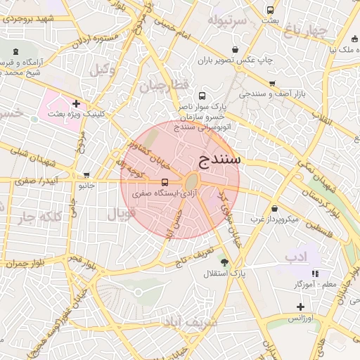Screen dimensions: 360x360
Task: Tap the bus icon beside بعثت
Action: pyautogui.click(x=271, y=10)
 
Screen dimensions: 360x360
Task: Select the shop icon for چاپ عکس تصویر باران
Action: pyautogui.click(x=234, y=50)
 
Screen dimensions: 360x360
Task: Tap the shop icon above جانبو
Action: pyautogui.click(x=86, y=175)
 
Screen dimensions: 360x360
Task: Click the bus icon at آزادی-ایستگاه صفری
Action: pyautogui.click(x=165, y=182)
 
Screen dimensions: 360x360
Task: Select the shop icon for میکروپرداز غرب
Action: pyautogui.click(x=274, y=208)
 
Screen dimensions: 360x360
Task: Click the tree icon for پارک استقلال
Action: pyautogui.click(x=224, y=262)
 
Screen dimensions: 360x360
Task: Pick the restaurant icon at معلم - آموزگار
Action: pyautogui.click(x=316, y=273)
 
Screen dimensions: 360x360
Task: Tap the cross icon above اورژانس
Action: pyautogui.click(x=301, y=307)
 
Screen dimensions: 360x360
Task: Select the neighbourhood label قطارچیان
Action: pyautogui.click(x=165, y=86)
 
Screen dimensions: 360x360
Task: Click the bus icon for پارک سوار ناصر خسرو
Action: pyautogui.click(x=202, y=96)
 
